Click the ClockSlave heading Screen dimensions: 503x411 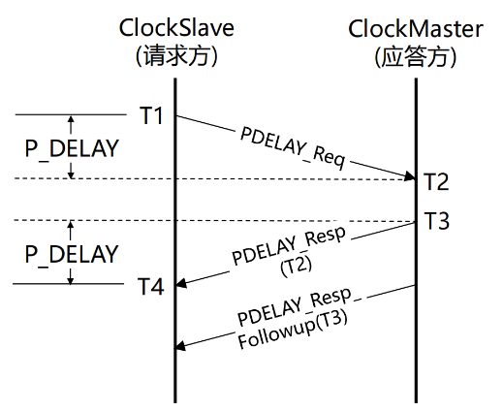click(x=176, y=28)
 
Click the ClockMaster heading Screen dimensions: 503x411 click(x=416, y=29)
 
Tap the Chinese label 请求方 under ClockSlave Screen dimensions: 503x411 click(x=176, y=55)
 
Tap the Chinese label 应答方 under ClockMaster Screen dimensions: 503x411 click(x=416, y=57)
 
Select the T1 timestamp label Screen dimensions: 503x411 click(x=151, y=115)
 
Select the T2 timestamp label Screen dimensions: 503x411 click(x=436, y=181)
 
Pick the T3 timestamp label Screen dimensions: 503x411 click(x=436, y=221)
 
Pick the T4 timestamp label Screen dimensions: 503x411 click(x=151, y=286)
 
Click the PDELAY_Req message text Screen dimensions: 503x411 click(x=293, y=148)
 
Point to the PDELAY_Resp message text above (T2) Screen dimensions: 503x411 click(x=289, y=245)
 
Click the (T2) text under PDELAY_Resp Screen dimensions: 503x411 click(x=297, y=266)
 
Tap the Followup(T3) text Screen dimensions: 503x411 click(x=293, y=330)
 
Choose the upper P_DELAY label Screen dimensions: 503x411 click(x=72, y=148)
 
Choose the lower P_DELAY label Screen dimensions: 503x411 click(x=72, y=254)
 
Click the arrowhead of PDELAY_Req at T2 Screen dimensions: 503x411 click(x=410, y=176)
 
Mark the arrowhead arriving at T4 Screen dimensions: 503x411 click(x=181, y=283)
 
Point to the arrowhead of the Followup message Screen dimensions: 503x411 click(x=180, y=346)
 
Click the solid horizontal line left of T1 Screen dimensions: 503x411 click(x=71, y=114)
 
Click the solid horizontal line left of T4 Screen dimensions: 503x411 click(x=68, y=284)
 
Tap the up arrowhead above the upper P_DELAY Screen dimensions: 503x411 click(x=71, y=119)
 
